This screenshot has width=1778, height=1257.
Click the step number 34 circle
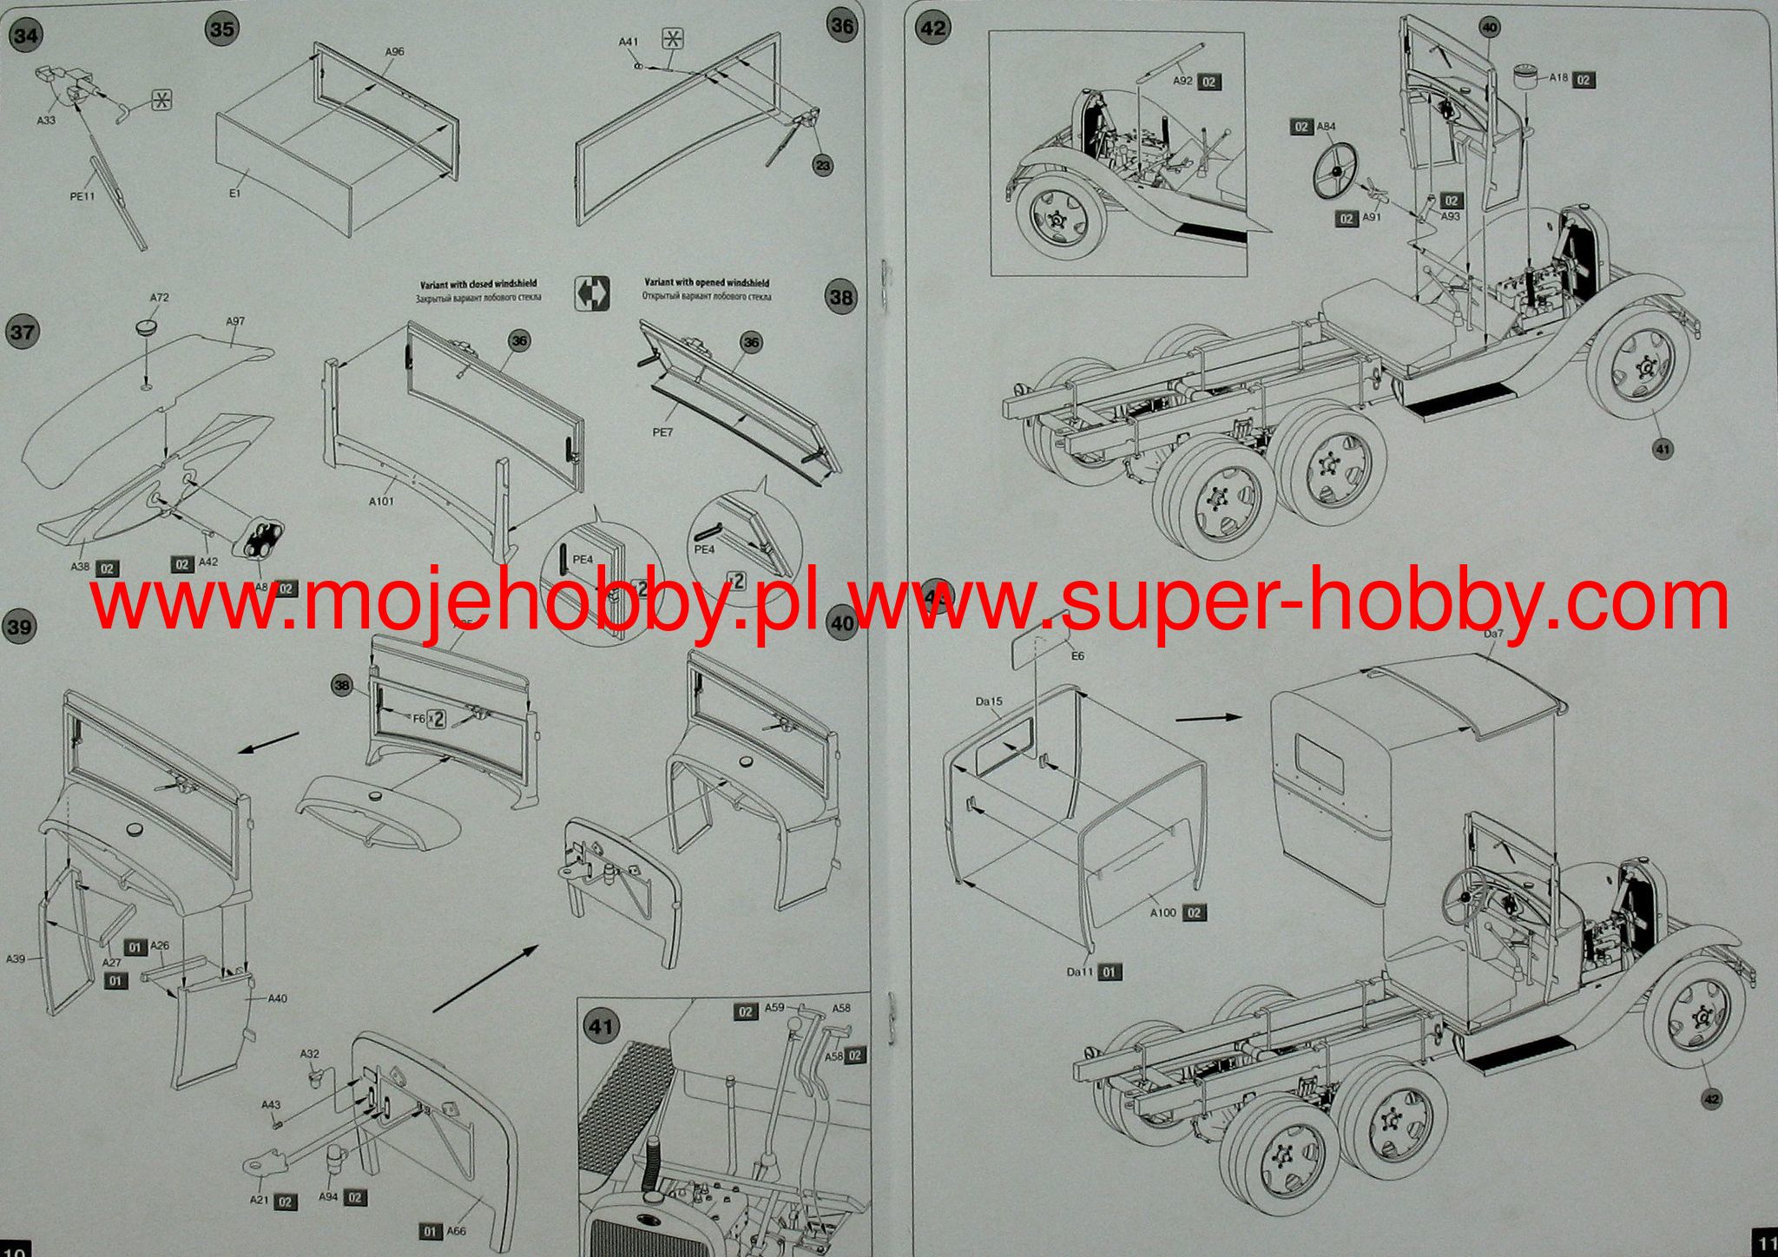click(x=27, y=36)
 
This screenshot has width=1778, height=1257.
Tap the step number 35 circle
click(x=222, y=30)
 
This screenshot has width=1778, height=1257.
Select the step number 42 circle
click(x=932, y=28)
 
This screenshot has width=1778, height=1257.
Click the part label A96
click(x=394, y=52)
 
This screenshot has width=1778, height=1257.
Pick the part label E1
click(x=234, y=193)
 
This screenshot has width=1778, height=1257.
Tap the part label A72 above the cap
click(x=159, y=297)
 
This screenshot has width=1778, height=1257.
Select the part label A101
click(x=381, y=501)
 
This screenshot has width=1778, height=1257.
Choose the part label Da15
click(x=988, y=701)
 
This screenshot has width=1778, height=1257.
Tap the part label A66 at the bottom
click(x=457, y=1231)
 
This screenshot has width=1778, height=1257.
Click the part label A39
click(x=16, y=959)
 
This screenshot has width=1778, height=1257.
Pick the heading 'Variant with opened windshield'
click(x=706, y=283)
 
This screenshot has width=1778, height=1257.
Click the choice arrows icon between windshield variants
click(x=592, y=293)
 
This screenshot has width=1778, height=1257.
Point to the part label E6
click(x=1077, y=656)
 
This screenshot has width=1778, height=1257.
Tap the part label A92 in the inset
click(x=1183, y=81)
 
